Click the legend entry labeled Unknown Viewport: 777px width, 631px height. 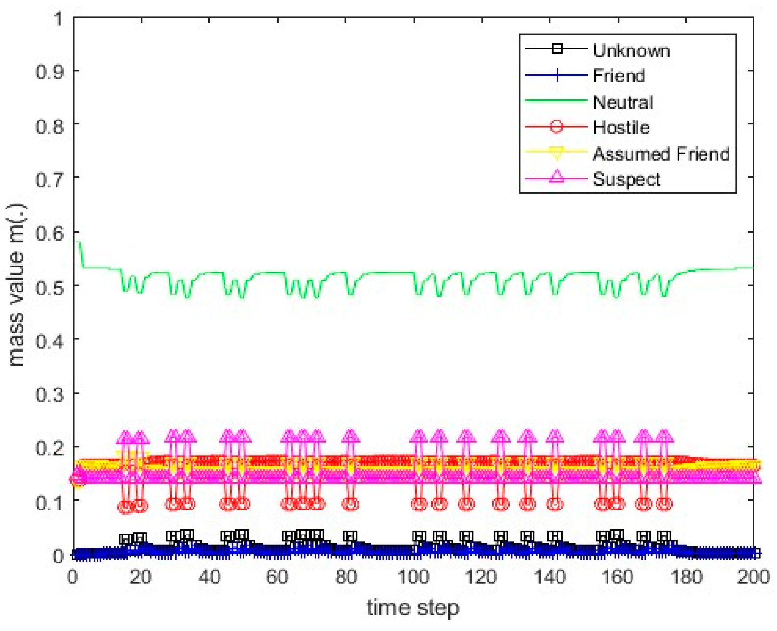click(x=631, y=50)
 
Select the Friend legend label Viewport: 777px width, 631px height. click(x=619, y=76)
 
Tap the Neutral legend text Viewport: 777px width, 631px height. click(x=623, y=102)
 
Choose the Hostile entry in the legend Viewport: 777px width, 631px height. click(x=621, y=127)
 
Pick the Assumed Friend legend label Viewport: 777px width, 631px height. click(x=661, y=154)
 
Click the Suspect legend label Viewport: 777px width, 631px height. click(x=627, y=179)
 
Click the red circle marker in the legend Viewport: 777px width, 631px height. click(x=557, y=127)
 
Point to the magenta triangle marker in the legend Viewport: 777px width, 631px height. click(x=557, y=176)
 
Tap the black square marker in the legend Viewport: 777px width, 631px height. click(x=557, y=49)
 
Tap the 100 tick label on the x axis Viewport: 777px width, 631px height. click(x=413, y=577)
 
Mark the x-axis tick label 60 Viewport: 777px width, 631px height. click(x=277, y=577)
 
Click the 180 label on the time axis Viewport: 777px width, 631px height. click(x=685, y=577)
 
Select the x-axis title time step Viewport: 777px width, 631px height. click(x=413, y=607)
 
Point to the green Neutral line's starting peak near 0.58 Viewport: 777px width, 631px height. click(x=78, y=242)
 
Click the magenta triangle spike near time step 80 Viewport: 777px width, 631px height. click(x=350, y=436)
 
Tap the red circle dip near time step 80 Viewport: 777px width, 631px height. click(x=350, y=504)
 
